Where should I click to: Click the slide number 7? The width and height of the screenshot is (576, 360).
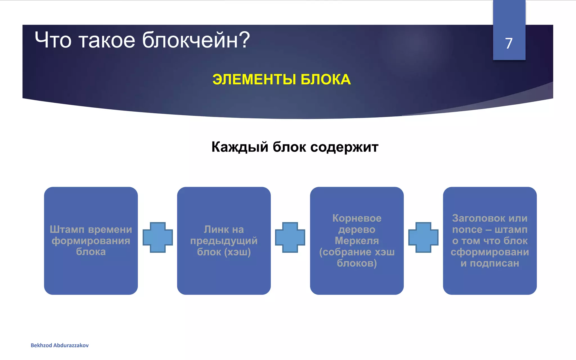[x=509, y=44]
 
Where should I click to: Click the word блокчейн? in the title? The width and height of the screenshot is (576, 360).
[x=196, y=40]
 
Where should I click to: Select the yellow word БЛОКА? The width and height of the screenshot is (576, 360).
[x=325, y=79]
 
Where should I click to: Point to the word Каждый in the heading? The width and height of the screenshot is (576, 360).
[x=240, y=147]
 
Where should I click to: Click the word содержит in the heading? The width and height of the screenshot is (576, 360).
[x=344, y=147]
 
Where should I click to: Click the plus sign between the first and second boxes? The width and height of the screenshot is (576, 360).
[x=157, y=237]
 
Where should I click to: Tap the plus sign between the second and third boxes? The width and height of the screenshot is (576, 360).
[x=290, y=237]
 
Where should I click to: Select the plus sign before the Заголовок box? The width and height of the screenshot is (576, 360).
[x=423, y=237]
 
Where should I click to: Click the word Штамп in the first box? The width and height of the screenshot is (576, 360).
[x=67, y=229]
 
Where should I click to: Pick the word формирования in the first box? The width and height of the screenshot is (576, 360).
[x=91, y=241]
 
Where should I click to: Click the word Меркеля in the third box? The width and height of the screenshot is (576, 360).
[x=357, y=241]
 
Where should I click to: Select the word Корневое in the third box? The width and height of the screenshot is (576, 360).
[x=357, y=218]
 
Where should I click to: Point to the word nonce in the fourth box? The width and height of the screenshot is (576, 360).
[x=467, y=229]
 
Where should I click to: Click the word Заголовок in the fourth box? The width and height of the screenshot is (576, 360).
[x=476, y=218]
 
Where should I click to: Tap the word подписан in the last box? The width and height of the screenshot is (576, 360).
[x=494, y=263]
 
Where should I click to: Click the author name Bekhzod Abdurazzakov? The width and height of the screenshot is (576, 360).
[x=60, y=345]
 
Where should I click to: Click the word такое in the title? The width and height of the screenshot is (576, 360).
[x=107, y=40]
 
